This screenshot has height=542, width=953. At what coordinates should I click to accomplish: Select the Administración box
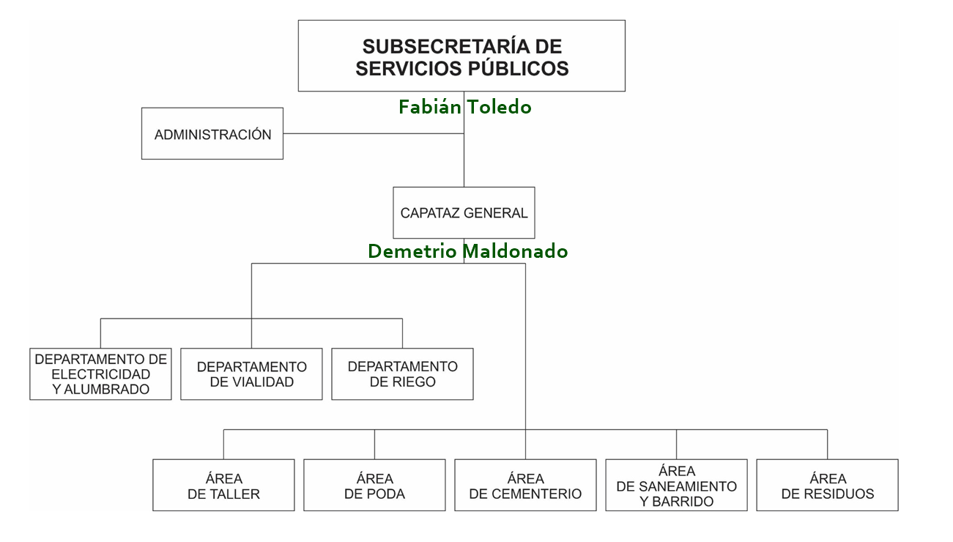pyautogui.click(x=212, y=134)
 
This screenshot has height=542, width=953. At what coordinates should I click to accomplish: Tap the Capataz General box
pyautogui.click(x=464, y=213)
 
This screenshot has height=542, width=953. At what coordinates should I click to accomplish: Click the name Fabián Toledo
pyautogui.click(x=464, y=107)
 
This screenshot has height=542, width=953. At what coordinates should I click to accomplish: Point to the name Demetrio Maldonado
pyautogui.click(x=467, y=251)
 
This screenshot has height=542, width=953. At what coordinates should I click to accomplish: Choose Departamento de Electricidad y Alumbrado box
pyautogui.click(x=100, y=374)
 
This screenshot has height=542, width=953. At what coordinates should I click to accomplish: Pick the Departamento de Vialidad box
pyautogui.click(x=251, y=374)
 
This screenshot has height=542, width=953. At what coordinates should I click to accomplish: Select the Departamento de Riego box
pyautogui.click(x=402, y=374)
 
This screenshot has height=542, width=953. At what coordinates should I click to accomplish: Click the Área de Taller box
pyautogui.click(x=223, y=486)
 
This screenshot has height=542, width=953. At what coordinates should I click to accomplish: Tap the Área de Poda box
pyautogui.click(x=374, y=486)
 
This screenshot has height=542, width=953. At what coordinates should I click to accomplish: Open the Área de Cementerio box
pyautogui.click(x=525, y=486)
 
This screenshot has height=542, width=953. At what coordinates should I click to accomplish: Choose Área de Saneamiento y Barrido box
pyautogui.click(x=676, y=486)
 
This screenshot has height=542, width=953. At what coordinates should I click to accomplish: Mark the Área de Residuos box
pyautogui.click(x=827, y=486)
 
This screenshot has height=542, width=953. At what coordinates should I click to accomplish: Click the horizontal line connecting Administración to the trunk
pyautogui.click(x=374, y=134)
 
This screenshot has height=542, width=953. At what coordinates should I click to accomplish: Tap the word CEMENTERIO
pyautogui.click(x=538, y=494)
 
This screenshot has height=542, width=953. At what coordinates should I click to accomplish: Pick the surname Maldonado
pyautogui.click(x=516, y=251)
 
